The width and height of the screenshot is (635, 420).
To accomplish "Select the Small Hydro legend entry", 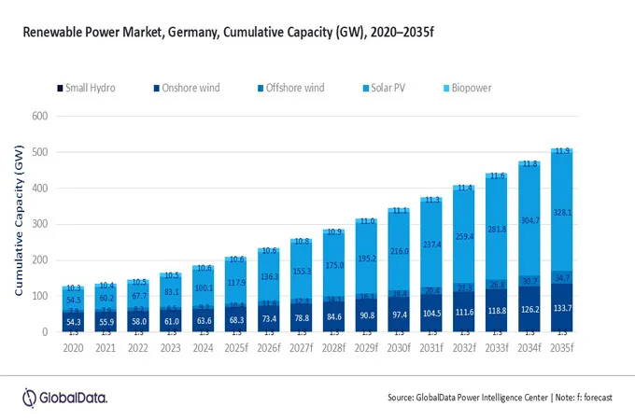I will (x=86, y=88).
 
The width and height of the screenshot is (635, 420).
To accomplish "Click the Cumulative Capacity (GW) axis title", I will (x=17, y=224).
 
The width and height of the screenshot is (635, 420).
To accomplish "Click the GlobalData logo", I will (x=64, y=395).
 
